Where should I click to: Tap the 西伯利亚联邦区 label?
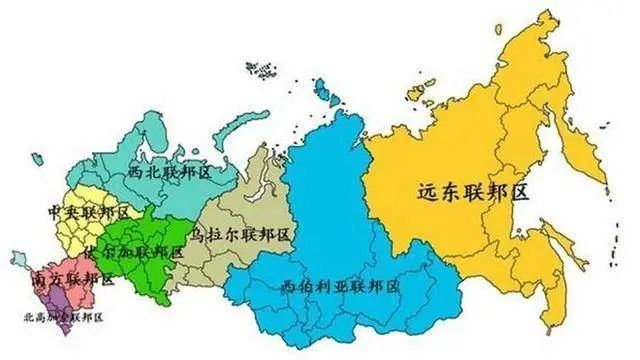[x=340, y=285]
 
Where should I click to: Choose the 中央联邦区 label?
[x=89, y=213]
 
